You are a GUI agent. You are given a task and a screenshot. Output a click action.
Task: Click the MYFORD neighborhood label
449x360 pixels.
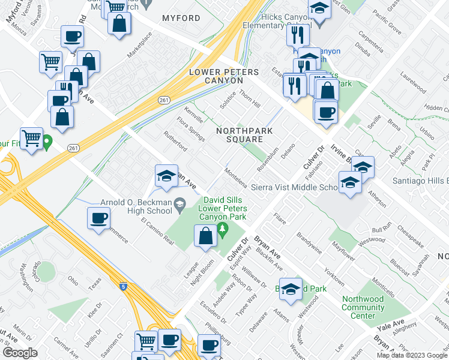[181, 19]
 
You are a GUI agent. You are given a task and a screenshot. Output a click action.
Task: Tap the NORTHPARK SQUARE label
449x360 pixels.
[244, 135]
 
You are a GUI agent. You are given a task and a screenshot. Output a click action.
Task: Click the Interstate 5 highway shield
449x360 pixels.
[122, 287]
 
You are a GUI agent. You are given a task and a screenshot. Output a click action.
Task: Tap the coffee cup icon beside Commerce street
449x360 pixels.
[98, 218]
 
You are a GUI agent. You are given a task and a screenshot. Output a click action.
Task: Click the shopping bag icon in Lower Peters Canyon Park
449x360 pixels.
[205, 236]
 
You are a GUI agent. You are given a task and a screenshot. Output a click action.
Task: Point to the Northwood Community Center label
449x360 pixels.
[363, 307]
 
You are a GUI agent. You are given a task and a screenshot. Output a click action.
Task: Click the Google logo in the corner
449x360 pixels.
[20, 353]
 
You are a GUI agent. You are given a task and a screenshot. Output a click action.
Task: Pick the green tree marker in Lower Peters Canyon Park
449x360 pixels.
[222, 228]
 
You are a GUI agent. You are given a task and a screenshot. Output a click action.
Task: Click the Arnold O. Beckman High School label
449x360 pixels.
[128, 207]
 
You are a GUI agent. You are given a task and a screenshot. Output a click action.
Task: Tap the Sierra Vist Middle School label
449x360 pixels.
[294, 187]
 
